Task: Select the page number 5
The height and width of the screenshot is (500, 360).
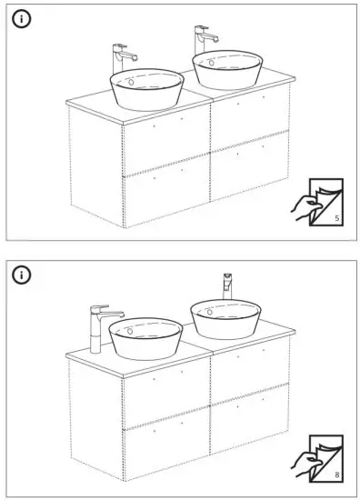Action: click(x=336, y=219)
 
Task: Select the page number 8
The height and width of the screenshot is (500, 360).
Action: click(x=336, y=474)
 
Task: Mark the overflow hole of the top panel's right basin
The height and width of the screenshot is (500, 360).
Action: click(x=211, y=62)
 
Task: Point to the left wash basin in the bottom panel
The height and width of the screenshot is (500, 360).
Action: click(x=145, y=338)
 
